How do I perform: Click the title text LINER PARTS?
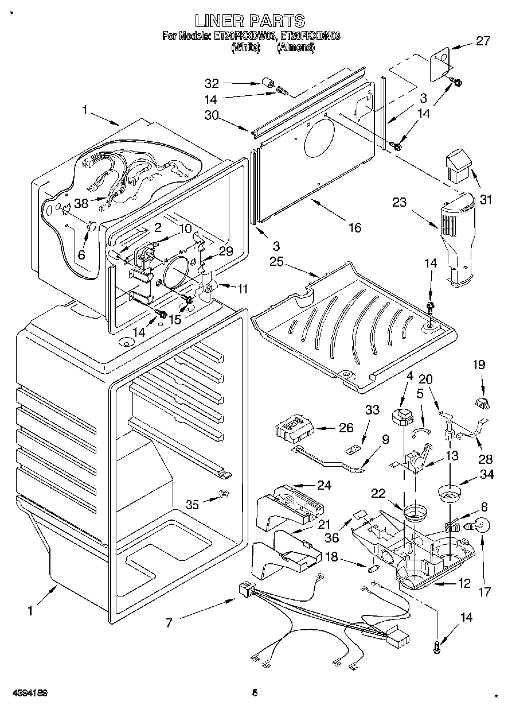pyautogui.click(x=249, y=21)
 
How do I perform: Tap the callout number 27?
pyautogui.click(x=483, y=41)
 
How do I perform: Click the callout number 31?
pyautogui.click(x=486, y=200)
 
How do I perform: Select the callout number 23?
pyautogui.click(x=399, y=202)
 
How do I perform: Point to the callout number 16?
pyautogui.click(x=355, y=228)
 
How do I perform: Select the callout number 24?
pyautogui.click(x=324, y=485)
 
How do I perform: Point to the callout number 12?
pyautogui.click(x=464, y=583)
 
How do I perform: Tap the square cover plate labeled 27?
pyautogui.click(x=440, y=61)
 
